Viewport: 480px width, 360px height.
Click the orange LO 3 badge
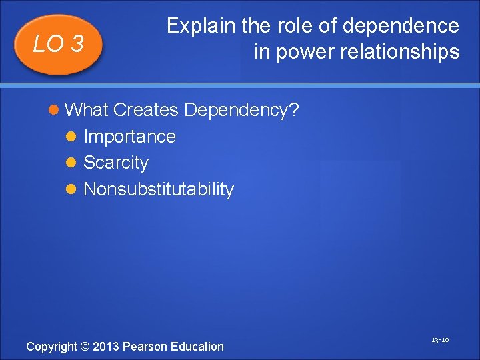pos(59,44)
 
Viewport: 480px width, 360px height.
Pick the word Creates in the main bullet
pos(147,109)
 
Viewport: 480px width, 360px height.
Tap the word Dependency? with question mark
pos(241,109)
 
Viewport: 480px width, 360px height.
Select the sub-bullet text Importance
pos(129,137)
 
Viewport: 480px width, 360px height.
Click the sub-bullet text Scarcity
pos(116,163)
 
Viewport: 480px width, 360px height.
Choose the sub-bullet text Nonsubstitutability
pos(159,189)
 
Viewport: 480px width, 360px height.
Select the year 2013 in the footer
pos(106,346)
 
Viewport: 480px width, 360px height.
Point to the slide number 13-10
pos(439,340)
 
